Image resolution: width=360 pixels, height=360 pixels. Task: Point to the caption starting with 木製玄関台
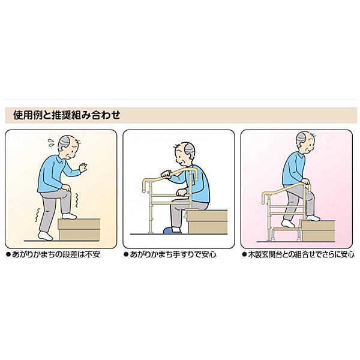pos(298,254)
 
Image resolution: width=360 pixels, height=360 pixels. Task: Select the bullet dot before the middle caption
pos(127,254)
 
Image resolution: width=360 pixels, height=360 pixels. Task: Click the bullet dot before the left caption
pos(8,254)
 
